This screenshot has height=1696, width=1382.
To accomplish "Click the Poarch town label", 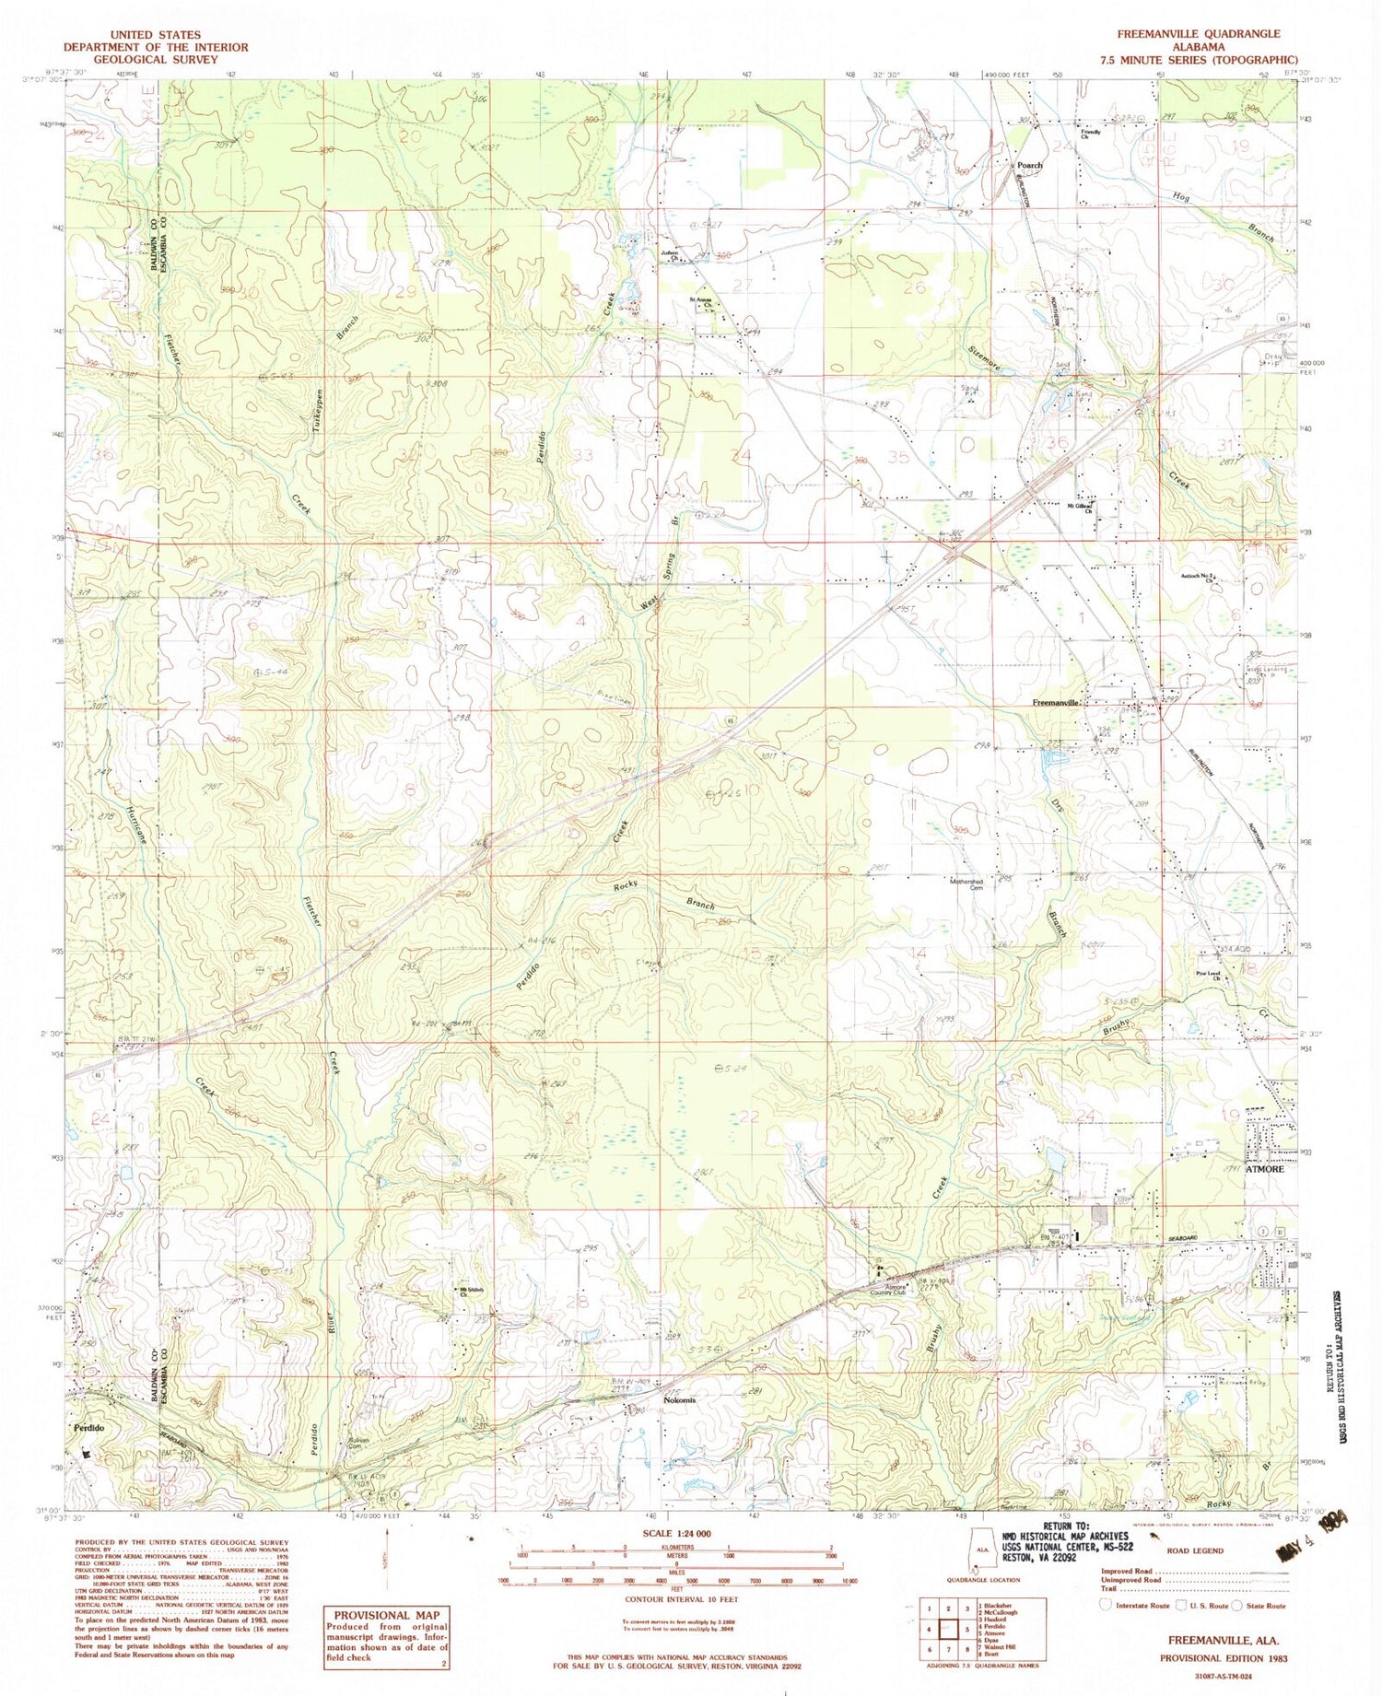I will click(1003, 166).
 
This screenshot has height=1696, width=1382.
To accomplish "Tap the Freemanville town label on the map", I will click(1055, 702).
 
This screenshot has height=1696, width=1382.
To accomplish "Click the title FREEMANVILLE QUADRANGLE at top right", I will click(1198, 33).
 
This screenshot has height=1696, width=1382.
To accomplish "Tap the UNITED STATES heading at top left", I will click(154, 35).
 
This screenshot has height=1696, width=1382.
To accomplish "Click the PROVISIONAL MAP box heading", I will click(386, 1615).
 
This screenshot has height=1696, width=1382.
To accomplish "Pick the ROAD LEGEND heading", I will click(1195, 1550).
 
